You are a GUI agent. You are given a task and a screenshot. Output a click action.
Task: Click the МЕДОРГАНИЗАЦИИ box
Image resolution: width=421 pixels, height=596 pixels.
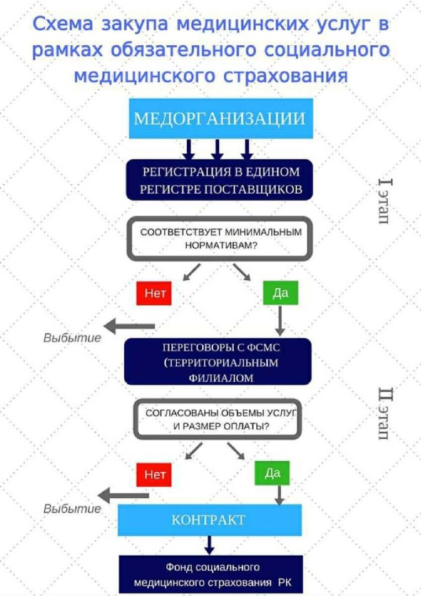coord(221,119)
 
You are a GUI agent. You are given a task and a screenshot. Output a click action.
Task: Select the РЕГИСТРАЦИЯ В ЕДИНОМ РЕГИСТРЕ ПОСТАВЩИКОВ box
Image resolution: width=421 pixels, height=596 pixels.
coord(221,180)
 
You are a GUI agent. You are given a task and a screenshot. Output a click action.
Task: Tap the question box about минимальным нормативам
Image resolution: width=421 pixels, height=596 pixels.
coord(221,238)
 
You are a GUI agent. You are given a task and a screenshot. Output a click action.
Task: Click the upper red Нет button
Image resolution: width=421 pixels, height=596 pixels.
coord(154,292)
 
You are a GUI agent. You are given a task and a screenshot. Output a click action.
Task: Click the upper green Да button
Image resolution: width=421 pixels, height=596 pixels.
coord(280,292)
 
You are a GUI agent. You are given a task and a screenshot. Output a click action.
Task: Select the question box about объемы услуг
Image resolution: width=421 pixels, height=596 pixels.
coord(219,419)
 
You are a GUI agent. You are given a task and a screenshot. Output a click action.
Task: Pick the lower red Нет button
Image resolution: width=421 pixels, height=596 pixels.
coord(154,473)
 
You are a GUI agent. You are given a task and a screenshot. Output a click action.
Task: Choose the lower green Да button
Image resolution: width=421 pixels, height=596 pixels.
coord(272,473)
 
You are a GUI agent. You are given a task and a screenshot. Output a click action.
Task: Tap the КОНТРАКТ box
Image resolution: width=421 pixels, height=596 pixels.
coord(209,520)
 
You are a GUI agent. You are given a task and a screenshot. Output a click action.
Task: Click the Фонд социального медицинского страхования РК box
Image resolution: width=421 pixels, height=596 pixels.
coord(212,574)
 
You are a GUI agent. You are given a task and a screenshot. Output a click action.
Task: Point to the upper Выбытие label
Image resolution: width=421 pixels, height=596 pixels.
coord(72,338)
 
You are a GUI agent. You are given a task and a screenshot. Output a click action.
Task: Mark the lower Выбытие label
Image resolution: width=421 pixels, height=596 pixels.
coord(72,509)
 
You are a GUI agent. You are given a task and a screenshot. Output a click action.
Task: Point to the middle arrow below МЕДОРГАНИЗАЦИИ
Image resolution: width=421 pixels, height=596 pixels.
coord(218,149)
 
